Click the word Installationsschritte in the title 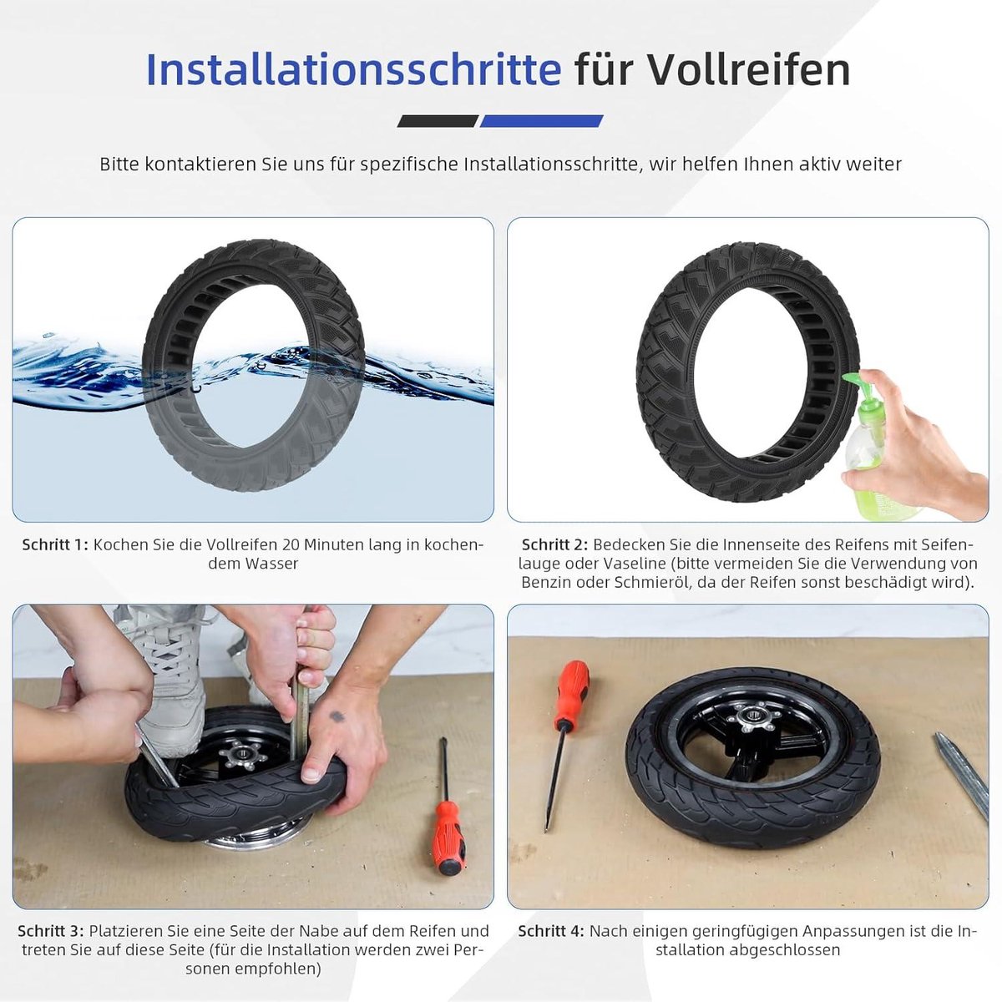tap(353, 70)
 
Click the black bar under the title tap(437, 121)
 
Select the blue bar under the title tap(541, 121)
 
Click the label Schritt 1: tap(55, 544)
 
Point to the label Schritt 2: tap(554, 544)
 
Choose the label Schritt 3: tap(51, 931)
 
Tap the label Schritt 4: tap(550, 931)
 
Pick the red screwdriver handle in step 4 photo tap(573, 693)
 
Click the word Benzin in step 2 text tap(547, 583)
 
